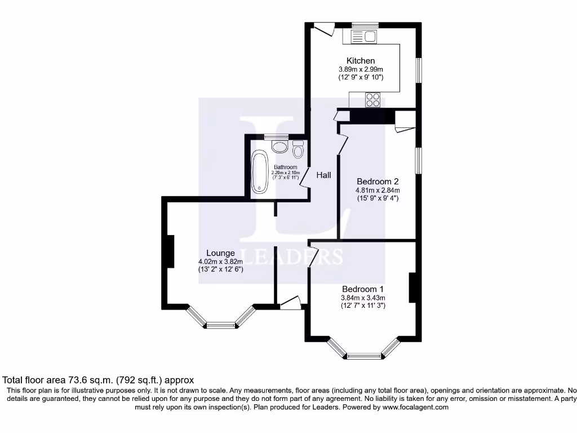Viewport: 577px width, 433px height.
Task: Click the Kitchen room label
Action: pos(361,61)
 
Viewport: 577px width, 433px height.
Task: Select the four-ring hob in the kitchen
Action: pos(372,100)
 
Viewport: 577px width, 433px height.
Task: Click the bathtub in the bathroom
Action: pos(260,172)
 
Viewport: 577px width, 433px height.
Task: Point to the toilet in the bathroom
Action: pos(298,149)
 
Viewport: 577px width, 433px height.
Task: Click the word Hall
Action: pos(323,175)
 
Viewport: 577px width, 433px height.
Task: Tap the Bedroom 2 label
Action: pos(378,182)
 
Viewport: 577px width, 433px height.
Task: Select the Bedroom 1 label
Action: pos(362,289)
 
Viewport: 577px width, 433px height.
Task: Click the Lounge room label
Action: pos(220,253)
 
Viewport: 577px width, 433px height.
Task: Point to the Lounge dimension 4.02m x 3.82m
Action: pos(220,262)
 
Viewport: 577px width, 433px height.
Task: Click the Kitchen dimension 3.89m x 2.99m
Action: pos(361,69)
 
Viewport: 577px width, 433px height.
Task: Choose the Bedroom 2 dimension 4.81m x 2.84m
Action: pos(378,190)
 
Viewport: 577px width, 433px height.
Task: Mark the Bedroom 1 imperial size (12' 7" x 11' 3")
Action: pos(363,306)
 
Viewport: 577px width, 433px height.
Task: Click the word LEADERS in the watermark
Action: pos(291,257)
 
